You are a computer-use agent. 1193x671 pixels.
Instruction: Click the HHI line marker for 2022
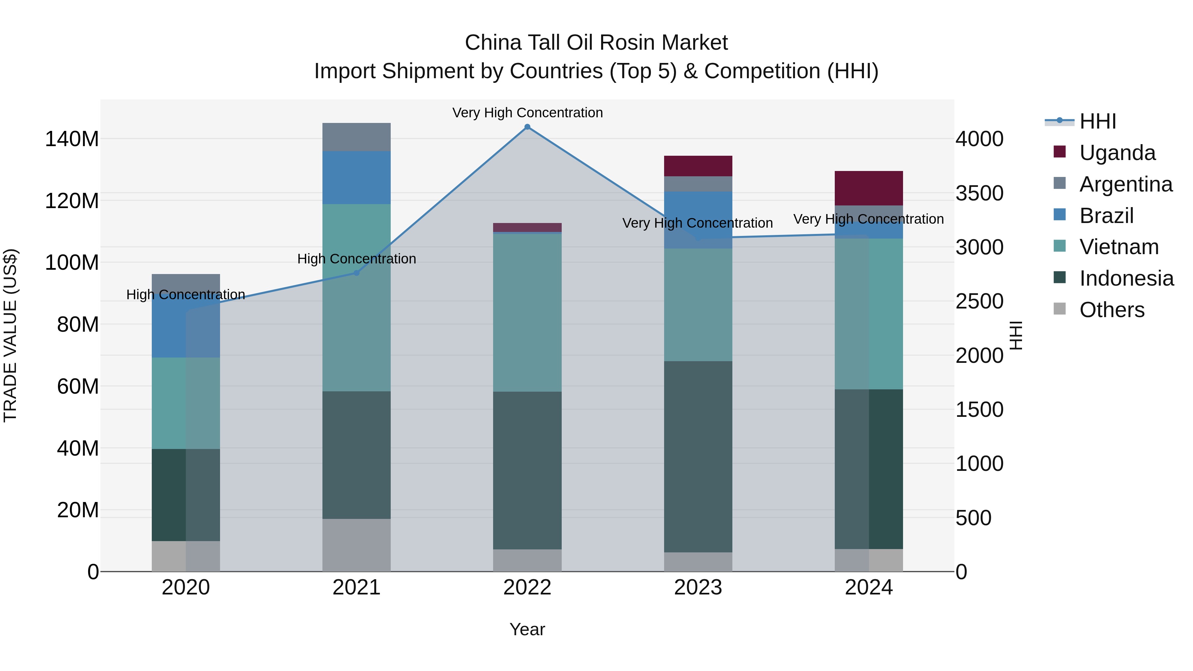[527, 127]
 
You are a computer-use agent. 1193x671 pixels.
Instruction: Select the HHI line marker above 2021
[356, 273]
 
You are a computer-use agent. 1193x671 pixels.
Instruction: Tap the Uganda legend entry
[1117, 152]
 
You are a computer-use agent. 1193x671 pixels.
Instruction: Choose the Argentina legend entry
[1125, 184]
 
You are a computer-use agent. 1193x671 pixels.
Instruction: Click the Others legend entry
[1111, 309]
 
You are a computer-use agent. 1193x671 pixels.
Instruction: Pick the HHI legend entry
[1097, 121]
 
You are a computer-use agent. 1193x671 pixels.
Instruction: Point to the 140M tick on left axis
[72, 139]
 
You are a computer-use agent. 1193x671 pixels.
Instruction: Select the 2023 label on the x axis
[698, 587]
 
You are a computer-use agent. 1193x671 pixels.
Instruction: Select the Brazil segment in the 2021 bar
[356, 177]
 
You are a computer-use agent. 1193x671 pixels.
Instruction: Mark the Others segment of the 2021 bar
[356, 545]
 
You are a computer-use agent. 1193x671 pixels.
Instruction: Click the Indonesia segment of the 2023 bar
[698, 456]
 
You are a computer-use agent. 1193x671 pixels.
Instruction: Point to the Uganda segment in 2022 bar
[527, 227]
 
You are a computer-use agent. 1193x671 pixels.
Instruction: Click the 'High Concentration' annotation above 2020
[186, 295]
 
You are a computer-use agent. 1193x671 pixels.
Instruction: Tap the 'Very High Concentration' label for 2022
[527, 113]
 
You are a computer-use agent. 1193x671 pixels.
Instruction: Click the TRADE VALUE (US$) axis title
[10, 335]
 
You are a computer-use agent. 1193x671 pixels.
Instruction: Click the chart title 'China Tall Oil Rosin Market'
[596, 43]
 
